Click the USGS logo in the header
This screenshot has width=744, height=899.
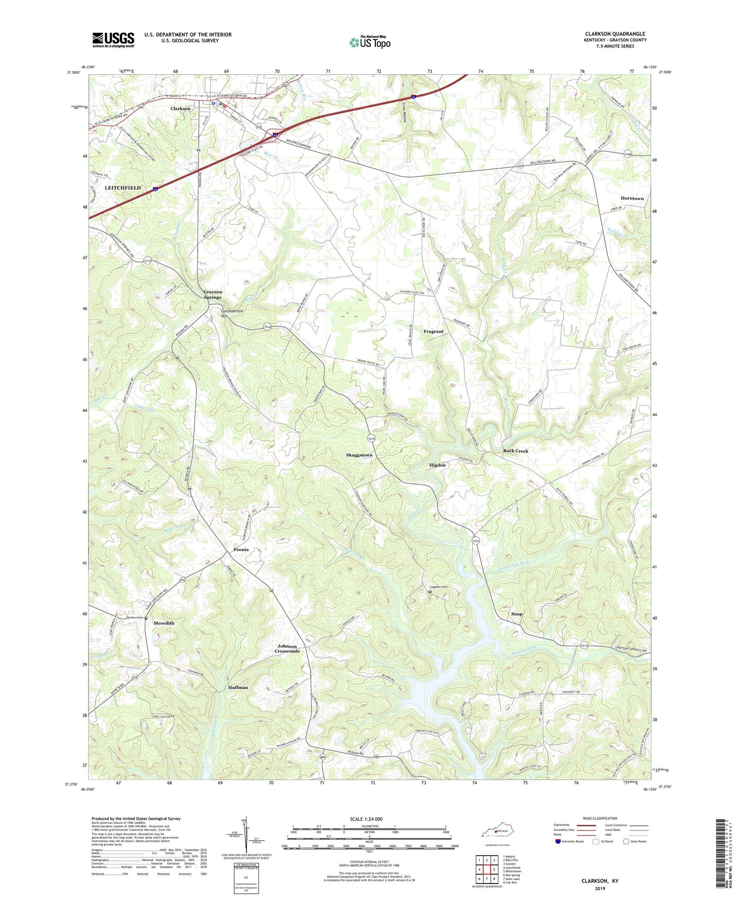tap(113, 39)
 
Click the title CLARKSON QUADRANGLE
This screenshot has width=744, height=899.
tap(615, 34)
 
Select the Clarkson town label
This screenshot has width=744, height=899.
tap(181, 109)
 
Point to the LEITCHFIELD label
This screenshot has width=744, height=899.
tap(123, 188)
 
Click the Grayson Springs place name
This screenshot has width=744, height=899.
tap(212, 295)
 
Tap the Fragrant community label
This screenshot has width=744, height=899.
tap(434, 332)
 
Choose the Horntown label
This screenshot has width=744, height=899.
tap(632, 198)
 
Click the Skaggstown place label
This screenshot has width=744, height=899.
tap(359, 455)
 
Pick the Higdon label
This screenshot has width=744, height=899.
tap(437, 465)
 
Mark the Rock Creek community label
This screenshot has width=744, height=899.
tap(515, 451)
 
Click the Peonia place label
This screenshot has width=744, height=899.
tap(238, 549)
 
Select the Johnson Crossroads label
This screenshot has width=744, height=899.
tap(287, 649)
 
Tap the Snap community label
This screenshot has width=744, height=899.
tap(516, 614)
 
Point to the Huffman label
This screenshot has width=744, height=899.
tap(238, 687)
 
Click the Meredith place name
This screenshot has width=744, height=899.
tap(164, 623)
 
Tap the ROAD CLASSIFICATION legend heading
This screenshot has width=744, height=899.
tap(600, 818)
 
